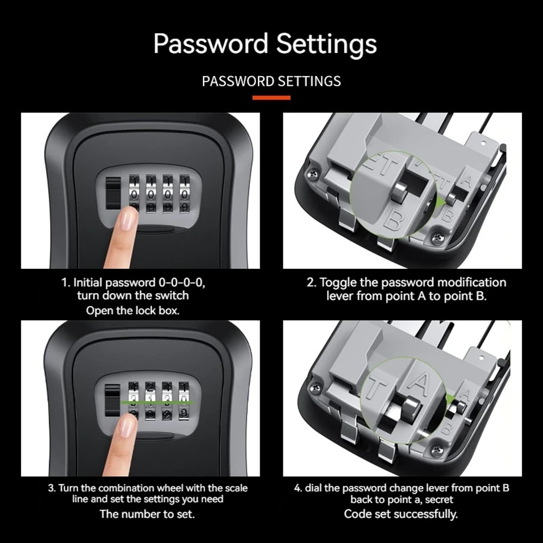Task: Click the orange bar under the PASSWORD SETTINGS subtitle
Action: (271, 98)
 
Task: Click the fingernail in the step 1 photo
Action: (129, 218)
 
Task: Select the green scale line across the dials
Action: (157, 402)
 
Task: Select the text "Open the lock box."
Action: (132, 311)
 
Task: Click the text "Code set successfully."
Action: (401, 514)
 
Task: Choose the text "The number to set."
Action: (147, 514)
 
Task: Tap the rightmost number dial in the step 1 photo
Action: (185, 194)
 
